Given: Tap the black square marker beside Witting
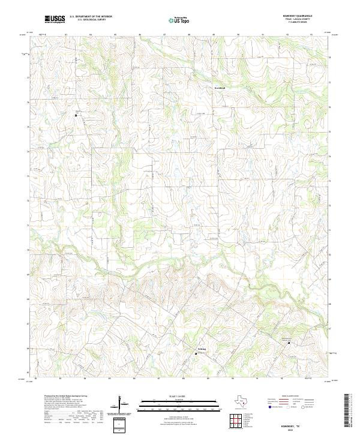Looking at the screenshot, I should (x=195, y=353).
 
